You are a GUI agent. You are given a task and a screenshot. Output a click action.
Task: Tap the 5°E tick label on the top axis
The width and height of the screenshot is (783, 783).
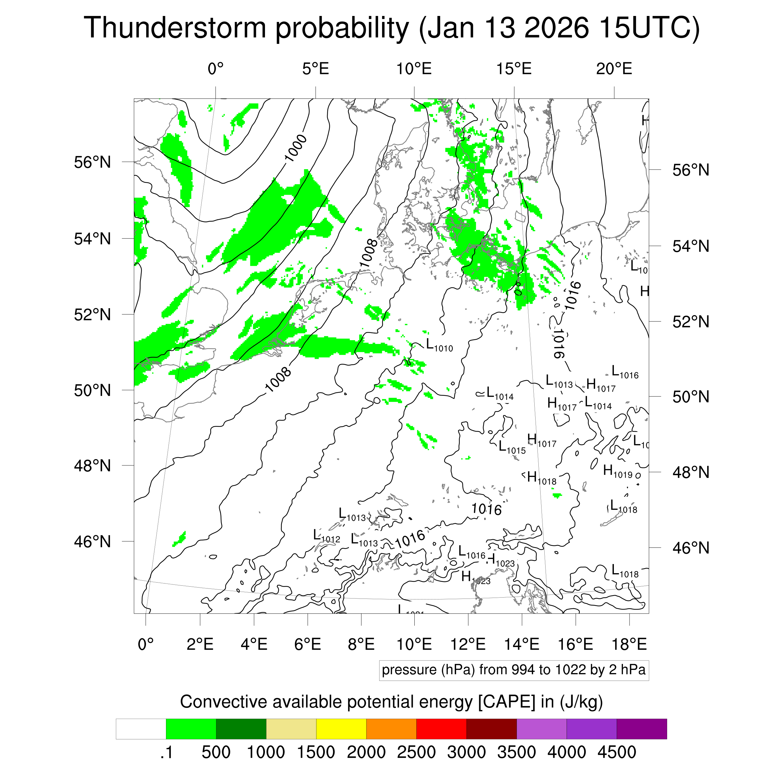(315, 69)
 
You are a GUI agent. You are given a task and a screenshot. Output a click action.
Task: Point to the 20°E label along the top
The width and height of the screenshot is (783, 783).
(614, 69)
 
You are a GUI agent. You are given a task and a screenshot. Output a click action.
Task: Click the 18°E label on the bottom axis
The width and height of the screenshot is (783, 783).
(629, 644)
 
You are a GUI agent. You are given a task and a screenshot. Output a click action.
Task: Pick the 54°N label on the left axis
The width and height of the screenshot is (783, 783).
(92, 239)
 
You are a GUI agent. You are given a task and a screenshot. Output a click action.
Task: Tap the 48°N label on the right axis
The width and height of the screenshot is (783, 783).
(691, 472)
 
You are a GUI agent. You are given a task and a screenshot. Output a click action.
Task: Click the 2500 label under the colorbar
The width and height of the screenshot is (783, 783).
(416, 752)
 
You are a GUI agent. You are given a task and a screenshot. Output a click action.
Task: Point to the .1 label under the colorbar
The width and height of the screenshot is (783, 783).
(166, 752)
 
